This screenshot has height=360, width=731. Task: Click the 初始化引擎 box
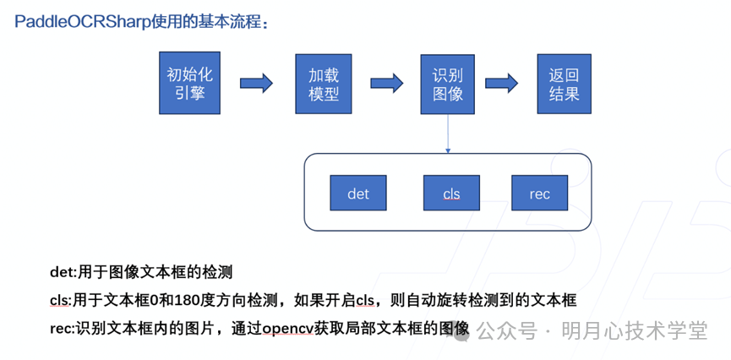190,83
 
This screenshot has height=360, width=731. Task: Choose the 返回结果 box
564,84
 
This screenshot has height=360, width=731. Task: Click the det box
358,194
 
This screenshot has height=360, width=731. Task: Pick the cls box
451,194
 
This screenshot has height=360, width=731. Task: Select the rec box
539,194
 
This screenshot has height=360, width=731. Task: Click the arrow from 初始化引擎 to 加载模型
256,84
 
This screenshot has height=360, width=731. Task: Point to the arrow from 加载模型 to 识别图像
385,84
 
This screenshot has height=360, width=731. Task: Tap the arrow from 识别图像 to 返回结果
501,84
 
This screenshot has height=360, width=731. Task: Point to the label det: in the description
63,273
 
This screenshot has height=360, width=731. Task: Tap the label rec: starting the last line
63,329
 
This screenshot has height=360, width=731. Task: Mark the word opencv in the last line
292,329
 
